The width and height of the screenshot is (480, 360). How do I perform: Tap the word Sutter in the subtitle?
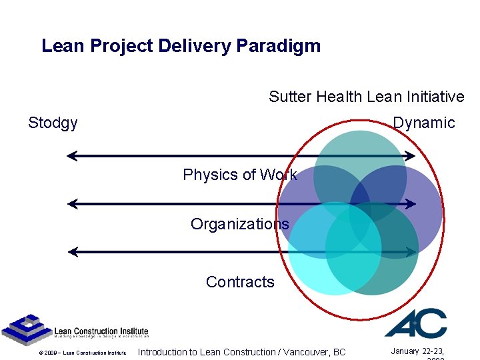290,97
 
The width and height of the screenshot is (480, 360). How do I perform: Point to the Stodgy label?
53,123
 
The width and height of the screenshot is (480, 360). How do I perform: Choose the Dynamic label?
423,123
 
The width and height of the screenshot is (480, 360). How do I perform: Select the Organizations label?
239,224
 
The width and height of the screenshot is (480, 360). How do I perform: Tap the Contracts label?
240,282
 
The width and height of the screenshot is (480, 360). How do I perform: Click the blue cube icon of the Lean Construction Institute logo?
26,330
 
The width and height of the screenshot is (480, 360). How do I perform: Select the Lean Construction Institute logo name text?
101,332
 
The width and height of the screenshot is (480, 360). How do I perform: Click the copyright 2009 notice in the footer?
82,353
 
